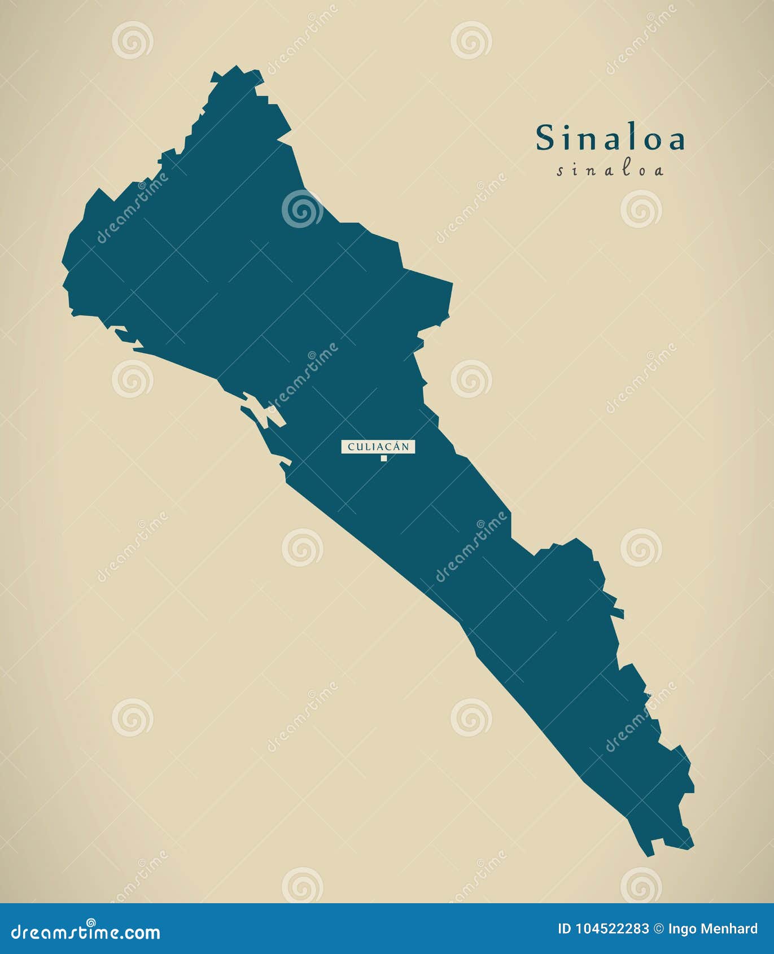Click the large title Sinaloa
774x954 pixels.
610,138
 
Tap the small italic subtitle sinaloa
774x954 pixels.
610,170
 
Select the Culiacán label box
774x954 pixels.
378,447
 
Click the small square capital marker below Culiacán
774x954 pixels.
384,458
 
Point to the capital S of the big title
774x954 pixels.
545,138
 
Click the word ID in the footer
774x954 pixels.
564,929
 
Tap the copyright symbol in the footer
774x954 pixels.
659,929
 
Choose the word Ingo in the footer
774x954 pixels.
681,929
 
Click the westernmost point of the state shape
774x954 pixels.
63,261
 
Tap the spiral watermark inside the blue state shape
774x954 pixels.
302,209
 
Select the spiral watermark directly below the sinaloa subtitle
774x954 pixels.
641,209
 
